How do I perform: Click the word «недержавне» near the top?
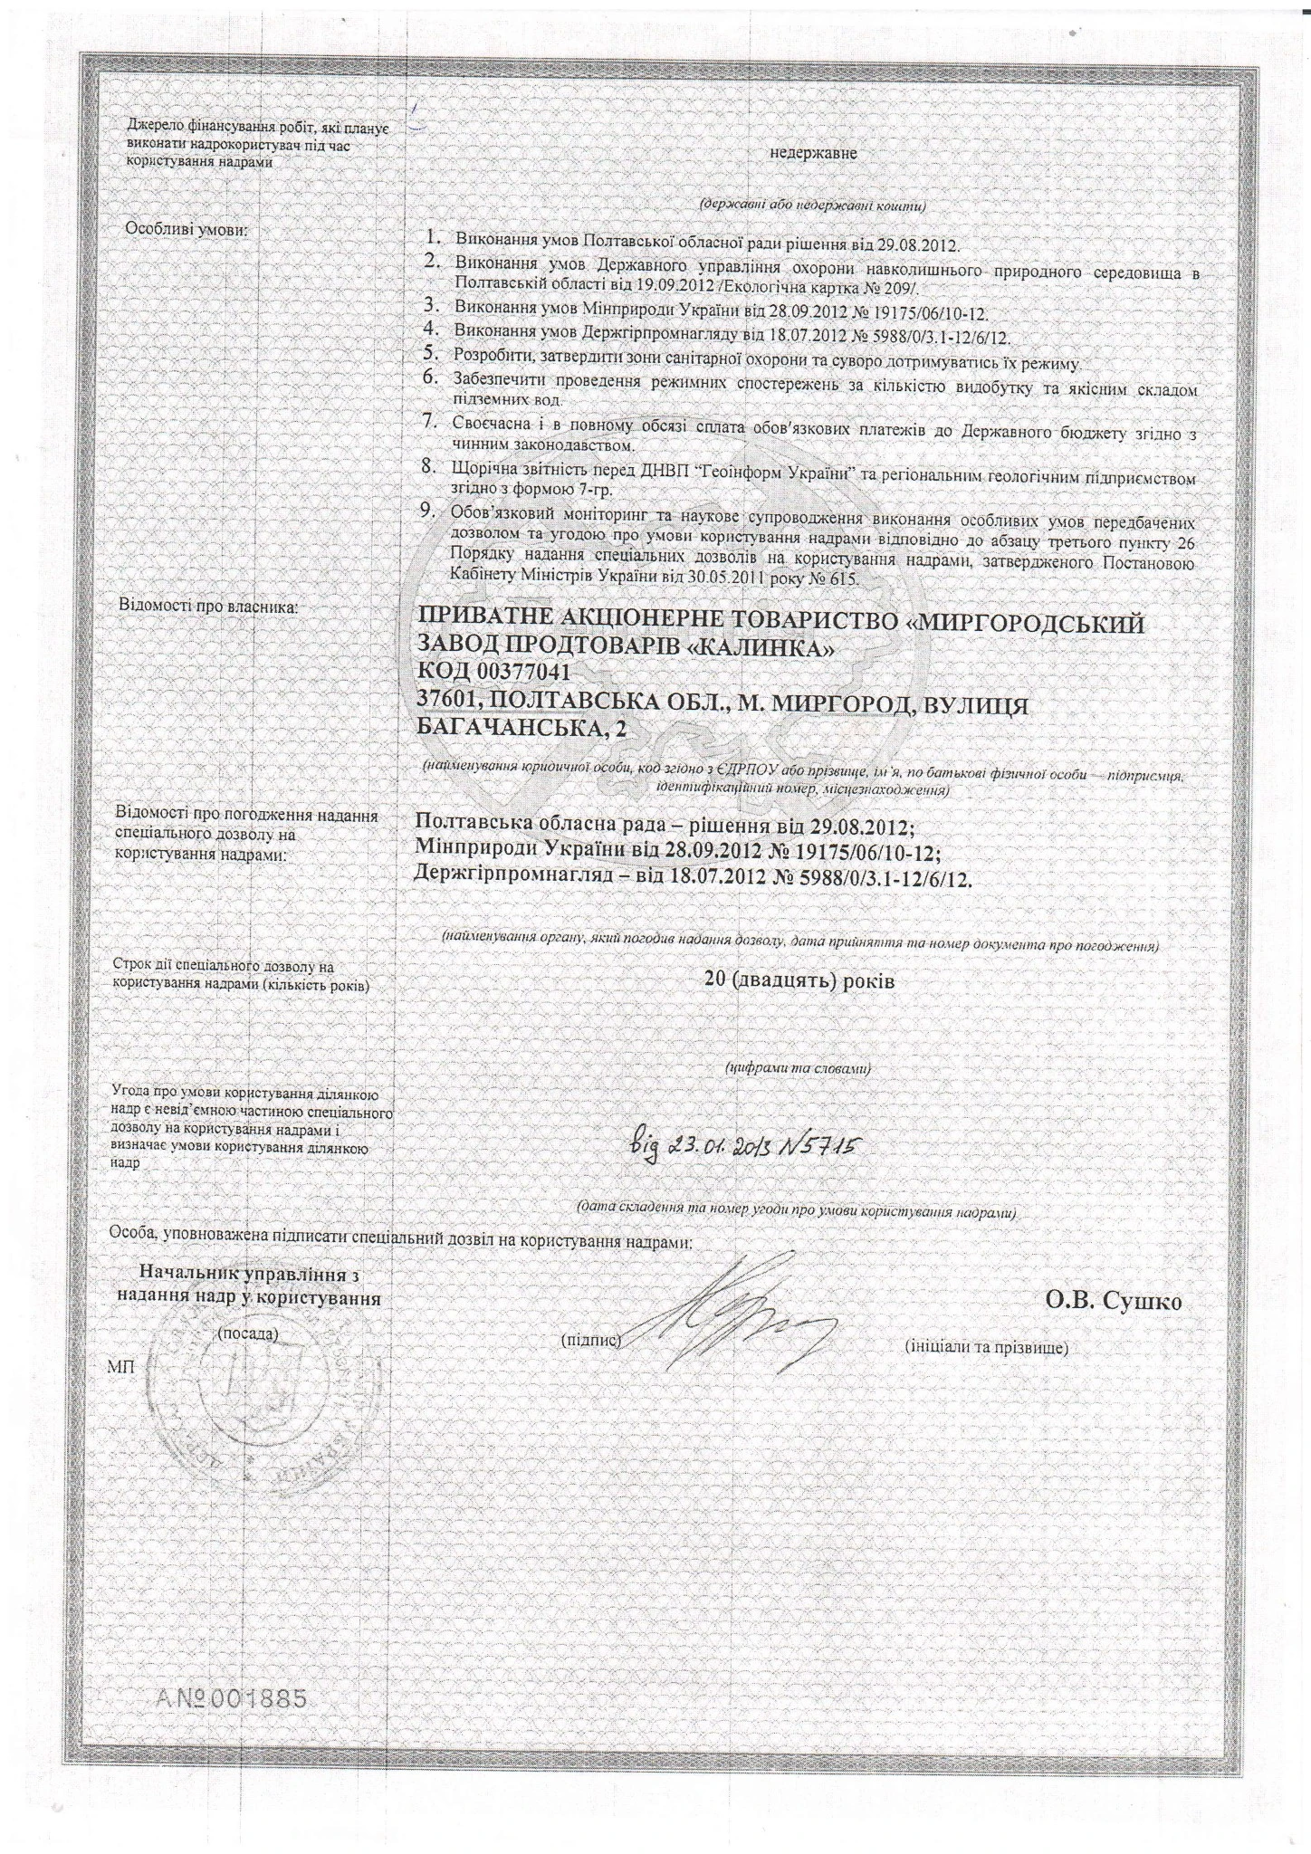[812, 153]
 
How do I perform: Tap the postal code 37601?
[450, 705]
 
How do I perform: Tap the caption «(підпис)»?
[590, 1339]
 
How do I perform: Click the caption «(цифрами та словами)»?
[799, 1068]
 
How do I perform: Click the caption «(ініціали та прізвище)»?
[987, 1347]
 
